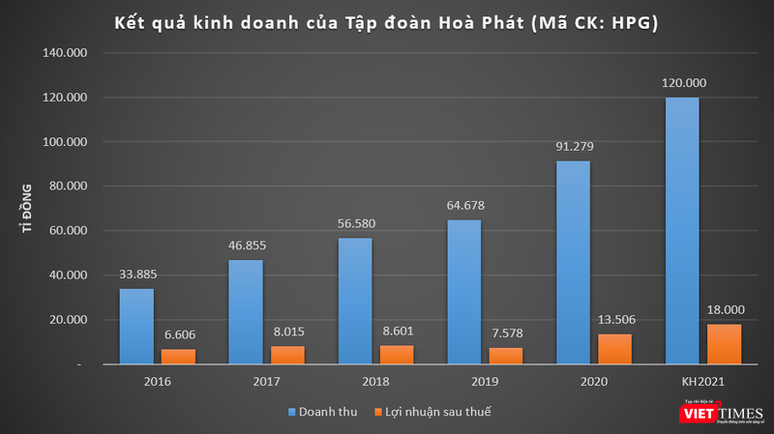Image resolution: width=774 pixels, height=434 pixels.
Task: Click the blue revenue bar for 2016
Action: [136, 326]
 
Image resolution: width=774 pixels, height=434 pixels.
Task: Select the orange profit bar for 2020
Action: [615, 349]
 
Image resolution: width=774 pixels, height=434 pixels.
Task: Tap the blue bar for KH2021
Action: [683, 231]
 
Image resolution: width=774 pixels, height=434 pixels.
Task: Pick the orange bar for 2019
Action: [506, 356]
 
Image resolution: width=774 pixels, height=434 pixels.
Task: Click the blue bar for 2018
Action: [355, 301]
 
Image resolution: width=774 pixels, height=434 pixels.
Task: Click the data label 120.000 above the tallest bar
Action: [683, 83]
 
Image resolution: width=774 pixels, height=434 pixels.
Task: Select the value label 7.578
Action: [506, 333]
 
